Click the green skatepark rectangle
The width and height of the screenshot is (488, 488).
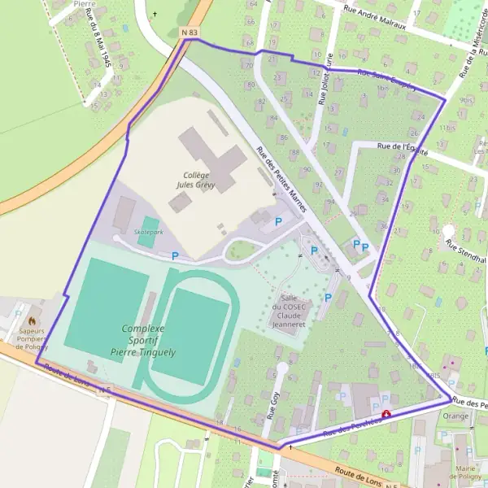point(149,227)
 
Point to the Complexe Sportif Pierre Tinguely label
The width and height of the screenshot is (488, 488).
point(143,339)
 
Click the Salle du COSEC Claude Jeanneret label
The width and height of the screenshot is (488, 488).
point(292,309)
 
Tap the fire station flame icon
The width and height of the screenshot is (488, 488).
point(33,312)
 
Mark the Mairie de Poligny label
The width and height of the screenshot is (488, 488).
point(467,472)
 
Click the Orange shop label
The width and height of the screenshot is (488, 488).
point(455,416)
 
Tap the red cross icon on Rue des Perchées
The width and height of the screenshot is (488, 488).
point(386,413)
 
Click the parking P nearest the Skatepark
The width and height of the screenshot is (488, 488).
point(175,255)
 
